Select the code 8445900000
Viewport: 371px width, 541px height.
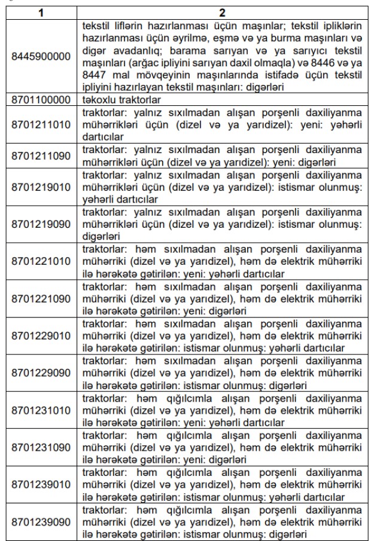[x=41, y=56]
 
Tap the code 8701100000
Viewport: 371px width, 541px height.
[x=41, y=99]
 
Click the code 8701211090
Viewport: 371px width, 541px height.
[x=41, y=156]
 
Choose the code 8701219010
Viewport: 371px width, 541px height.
[x=41, y=188]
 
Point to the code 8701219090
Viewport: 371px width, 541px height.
[x=41, y=225]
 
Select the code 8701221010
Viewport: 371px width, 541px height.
[x=41, y=262]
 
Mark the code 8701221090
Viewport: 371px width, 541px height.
[x=41, y=299]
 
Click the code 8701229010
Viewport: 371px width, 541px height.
[x=41, y=336]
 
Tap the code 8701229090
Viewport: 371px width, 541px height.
[x=41, y=373]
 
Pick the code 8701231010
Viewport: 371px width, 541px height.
[x=41, y=410]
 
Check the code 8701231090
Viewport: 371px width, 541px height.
[x=41, y=448]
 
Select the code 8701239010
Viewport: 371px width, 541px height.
[x=41, y=485]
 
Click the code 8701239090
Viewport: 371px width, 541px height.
[x=41, y=522]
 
